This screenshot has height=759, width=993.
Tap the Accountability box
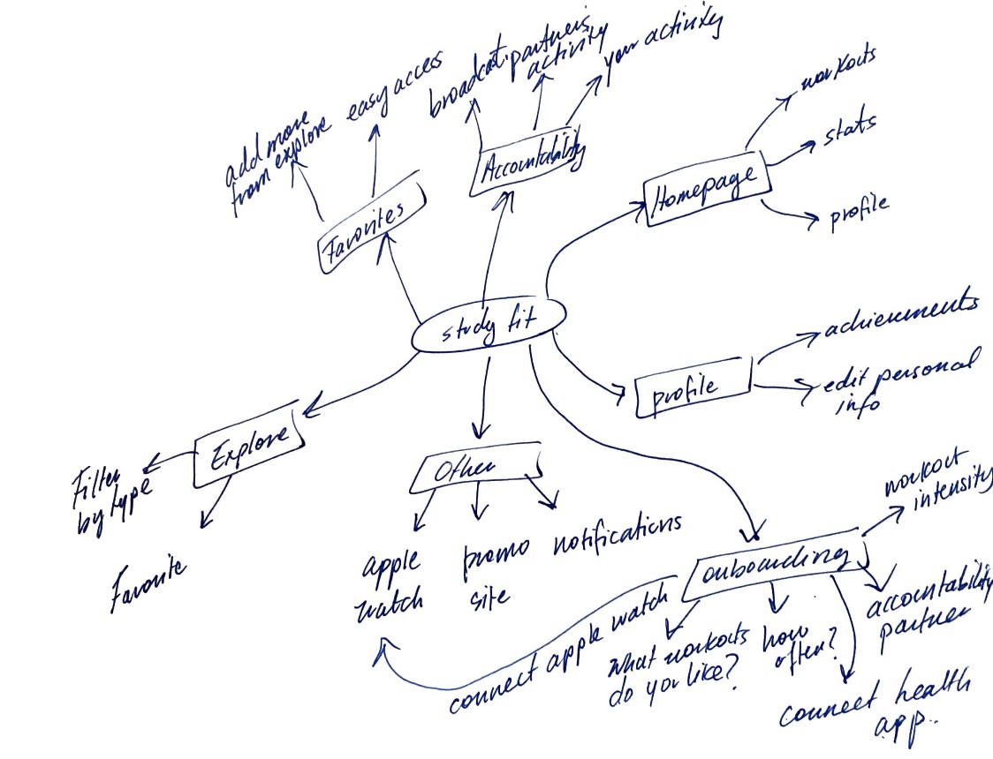pos(527,162)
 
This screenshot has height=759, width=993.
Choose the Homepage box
pos(707,191)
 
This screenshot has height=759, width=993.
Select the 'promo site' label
pos(496,574)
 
